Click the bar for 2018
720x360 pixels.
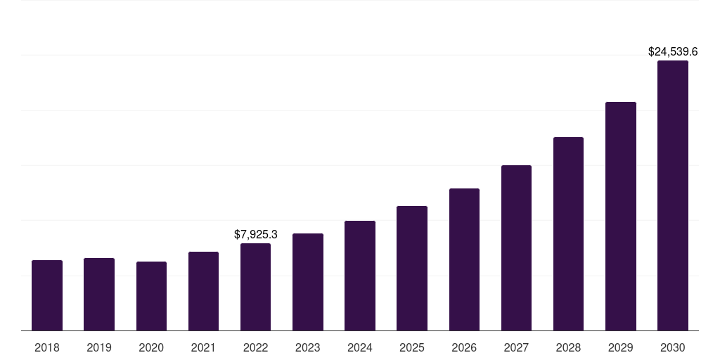pyautogui.click(x=47, y=295)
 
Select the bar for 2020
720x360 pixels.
pyautogui.click(x=151, y=296)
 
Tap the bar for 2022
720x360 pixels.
pyautogui.click(x=255, y=287)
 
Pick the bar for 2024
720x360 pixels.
pyautogui.click(x=360, y=276)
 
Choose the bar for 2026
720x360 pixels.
pyautogui.click(x=464, y=259)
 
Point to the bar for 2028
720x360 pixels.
pyautogui.click(x=568, y=233)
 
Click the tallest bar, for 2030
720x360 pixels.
pyautogui.click(x=673, y=195)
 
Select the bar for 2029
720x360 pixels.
pyautogui.click(x=621, y=216)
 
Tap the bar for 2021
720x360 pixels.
pyautogui.click(x=203, y=291)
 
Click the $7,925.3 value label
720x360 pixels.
pyautogui.click(x=256, y=235)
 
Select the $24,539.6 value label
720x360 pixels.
pyautogui.click(x=673, y=52)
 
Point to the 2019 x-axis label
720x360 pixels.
pyautogui.click(x=99, y=347)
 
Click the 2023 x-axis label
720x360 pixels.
pyautogui.click(x=308, y=347)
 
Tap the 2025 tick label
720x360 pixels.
pyautogui.click(x=412, y=347)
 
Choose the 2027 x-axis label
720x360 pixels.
pyautogui.click(x=516, y=347)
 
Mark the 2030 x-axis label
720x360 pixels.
pyautogui.click(x=673, y=347)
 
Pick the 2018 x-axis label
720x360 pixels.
pyautogui.click(x=47, y=347)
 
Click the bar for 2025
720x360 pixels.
pyautogui.click(x=412, y=268)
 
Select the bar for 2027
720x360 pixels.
pyautogui.click(x=516, y=247)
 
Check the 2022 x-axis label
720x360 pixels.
pyautogui.click(x=255, y=347)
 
